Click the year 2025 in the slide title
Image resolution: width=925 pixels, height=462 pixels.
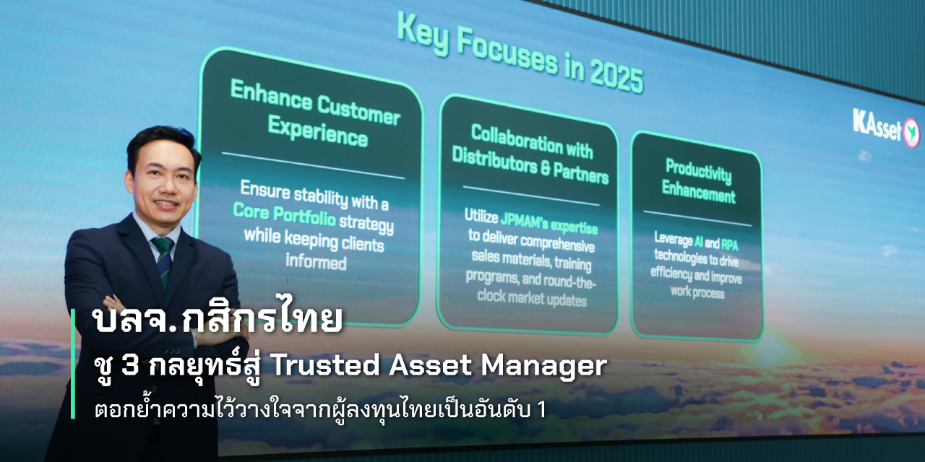tap(616, 77)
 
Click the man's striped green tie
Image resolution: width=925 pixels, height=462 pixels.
tap(164, 261)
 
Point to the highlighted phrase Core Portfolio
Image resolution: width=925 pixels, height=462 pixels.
tap(284, 214)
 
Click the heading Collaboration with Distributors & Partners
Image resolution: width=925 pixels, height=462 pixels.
tap(530, 154)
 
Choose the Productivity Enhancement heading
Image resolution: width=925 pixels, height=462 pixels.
tap(699, 181)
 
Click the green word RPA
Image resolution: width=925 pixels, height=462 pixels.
tap(729, 245)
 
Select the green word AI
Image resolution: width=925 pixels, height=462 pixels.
tap(699, 241)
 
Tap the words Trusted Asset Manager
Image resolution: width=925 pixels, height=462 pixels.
tap(438, 366)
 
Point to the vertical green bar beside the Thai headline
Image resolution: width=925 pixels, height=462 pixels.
tap(73, 364)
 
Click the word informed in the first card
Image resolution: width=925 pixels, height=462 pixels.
tap(316, 262)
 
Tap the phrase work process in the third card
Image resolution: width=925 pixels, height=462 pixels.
tap(697, 292)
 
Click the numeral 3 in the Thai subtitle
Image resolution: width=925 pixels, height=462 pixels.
tap(130, 365)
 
